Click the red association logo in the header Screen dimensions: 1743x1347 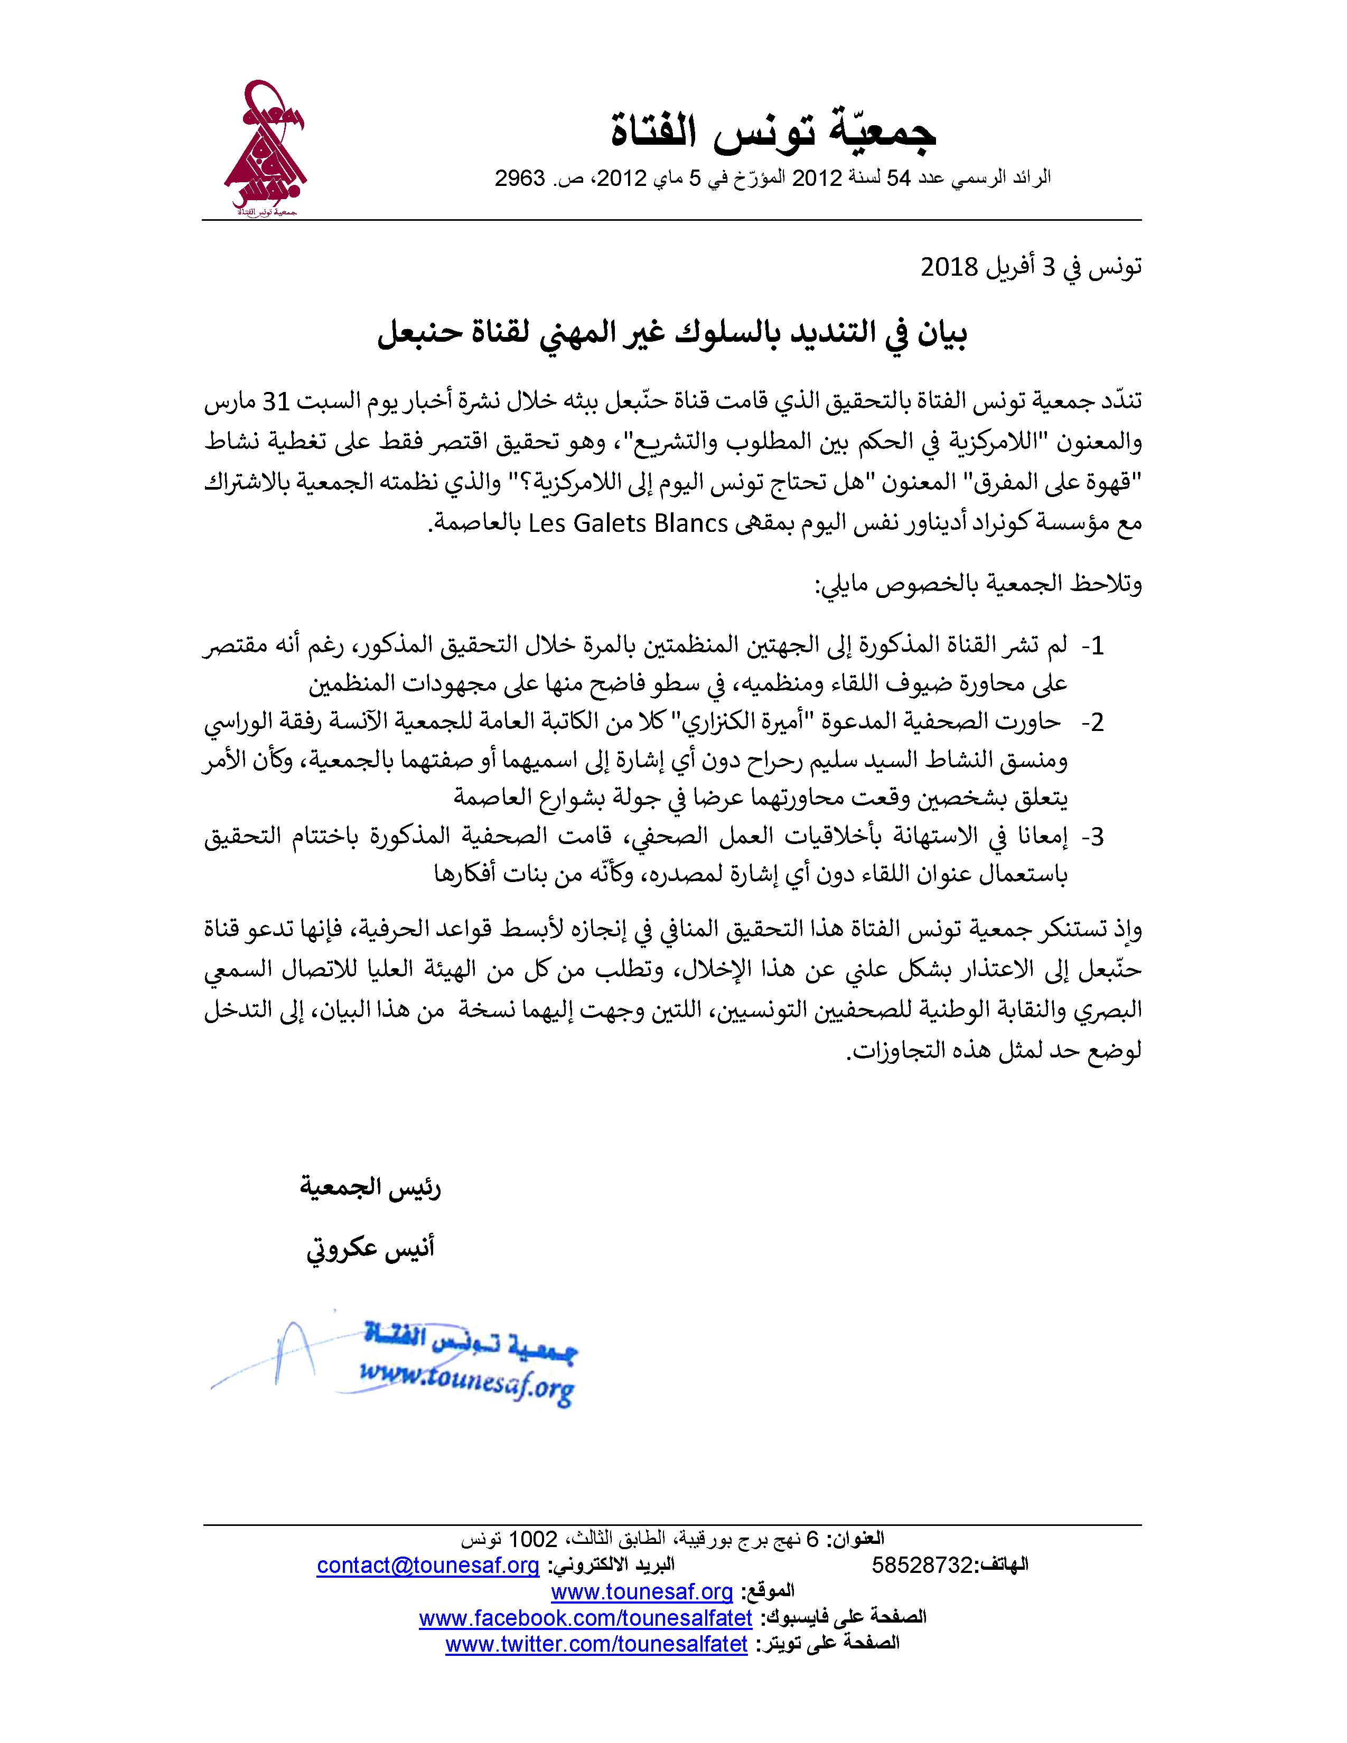click(x=266, y=149)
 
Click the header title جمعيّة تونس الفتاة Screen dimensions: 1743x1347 click(x=772, y=133)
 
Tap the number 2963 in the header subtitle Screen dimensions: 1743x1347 click(x=520, y=179)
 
